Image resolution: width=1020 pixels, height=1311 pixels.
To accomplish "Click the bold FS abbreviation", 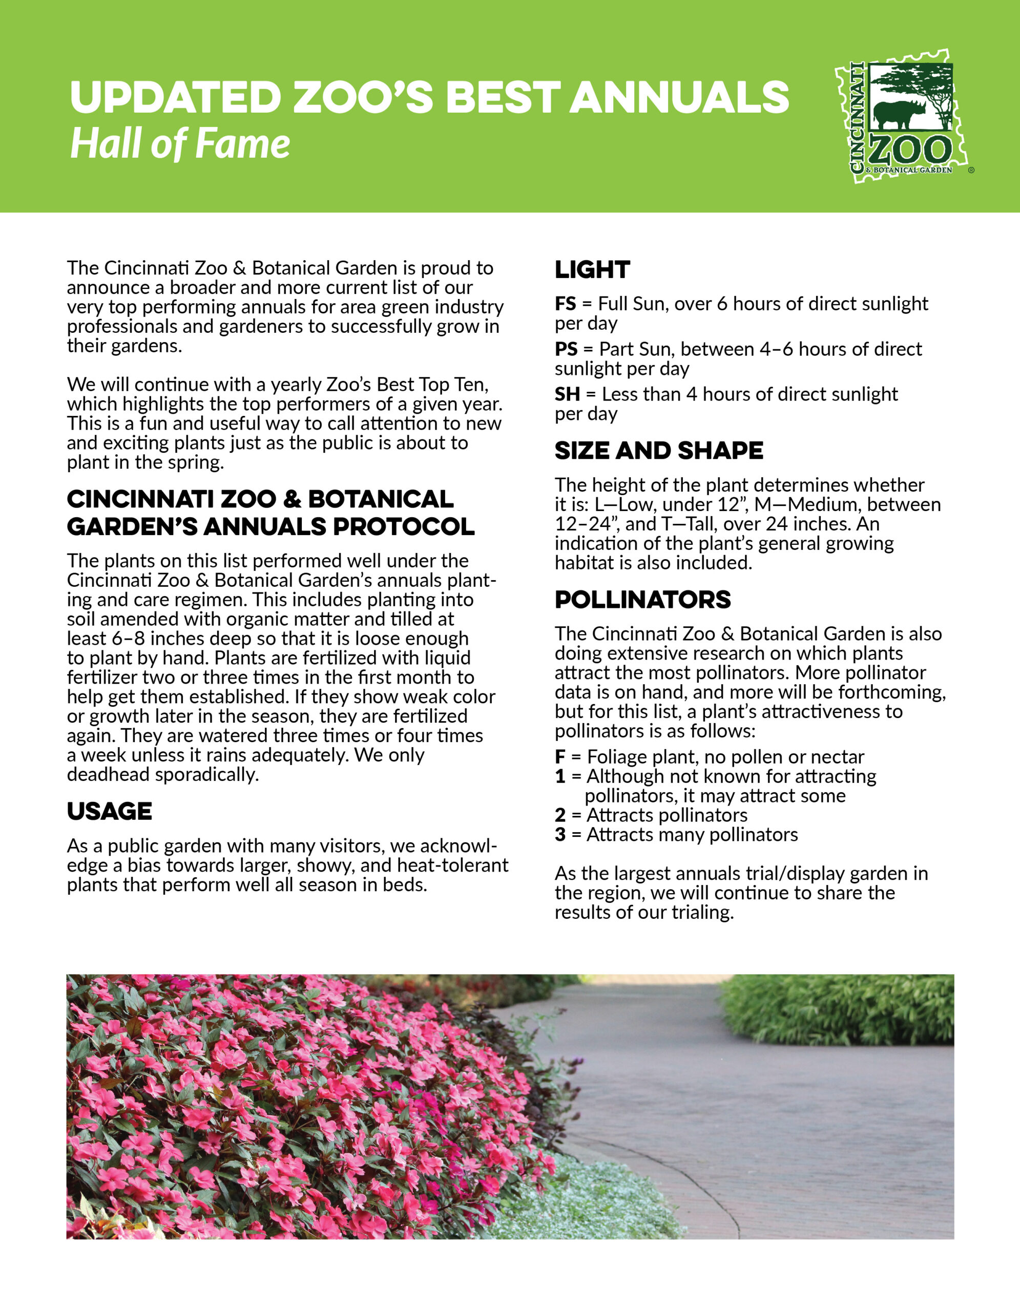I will click(x=565, y=304).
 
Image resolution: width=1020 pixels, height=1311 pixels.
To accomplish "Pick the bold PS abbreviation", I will click(x=566, y=349).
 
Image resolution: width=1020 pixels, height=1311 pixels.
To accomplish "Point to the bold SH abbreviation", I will click(x=567, y=394).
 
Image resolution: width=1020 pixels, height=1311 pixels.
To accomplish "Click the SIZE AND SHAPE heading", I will click(x=659, y=451).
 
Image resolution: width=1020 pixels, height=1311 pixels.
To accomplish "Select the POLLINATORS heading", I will click(x=642, y=600).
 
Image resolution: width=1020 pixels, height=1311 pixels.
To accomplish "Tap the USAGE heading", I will click(x=109, y=812).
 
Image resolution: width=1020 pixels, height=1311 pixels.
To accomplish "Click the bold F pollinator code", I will click(x=560, y=757).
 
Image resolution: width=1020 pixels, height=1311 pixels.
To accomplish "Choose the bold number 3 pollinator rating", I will click(x=560, y=835).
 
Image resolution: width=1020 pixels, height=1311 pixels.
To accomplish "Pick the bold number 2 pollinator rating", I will click(x=560, y=815).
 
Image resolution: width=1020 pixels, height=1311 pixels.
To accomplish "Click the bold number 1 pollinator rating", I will click(x=560, y=777).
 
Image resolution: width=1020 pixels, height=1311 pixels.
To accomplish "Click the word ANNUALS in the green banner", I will click(x=679, y=97).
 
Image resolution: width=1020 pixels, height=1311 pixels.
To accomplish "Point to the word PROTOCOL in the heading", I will click(x=404, y=527).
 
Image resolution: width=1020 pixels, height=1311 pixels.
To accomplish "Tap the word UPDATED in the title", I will click(x=175, y=97).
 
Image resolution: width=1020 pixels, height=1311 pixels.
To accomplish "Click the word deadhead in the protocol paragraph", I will click(x=109, y=775).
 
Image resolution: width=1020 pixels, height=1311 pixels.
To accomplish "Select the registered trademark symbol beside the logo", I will click(x=971, y=171).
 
